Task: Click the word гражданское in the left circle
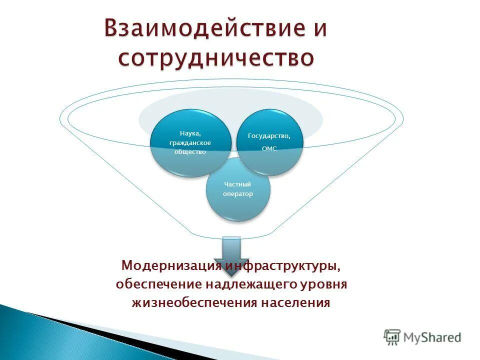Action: pos(190,143)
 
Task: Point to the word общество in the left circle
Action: pos(190,152)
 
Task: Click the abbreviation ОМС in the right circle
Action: pos(269,149)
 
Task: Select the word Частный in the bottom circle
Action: pos(237,184)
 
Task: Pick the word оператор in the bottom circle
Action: pos(238,194)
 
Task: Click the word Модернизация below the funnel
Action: pos(172,265)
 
